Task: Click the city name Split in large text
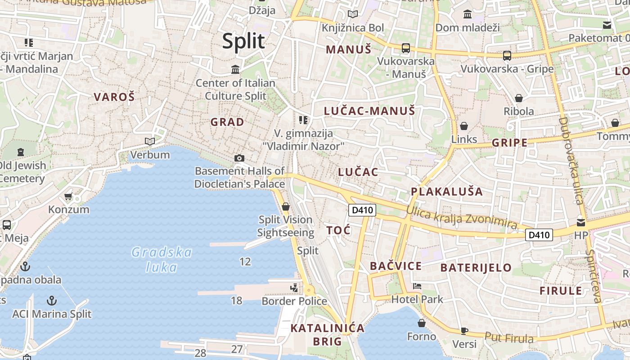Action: [243, 41]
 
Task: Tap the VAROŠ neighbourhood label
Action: [114, 97]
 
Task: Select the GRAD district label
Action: [227, 122]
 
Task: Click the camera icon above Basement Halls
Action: [239, 158]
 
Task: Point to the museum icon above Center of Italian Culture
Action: [235, 70]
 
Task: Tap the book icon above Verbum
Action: [150, 142]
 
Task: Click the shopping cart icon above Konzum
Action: [68, 197]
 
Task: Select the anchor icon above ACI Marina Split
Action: [52, 300]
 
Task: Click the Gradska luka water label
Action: [162, 260]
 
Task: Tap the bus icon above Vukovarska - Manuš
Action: [406, 48]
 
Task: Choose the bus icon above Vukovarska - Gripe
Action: [507, 56]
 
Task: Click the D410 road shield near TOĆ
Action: [363, 210]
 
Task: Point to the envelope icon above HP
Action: [581, 222]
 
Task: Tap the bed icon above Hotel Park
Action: [417, 286]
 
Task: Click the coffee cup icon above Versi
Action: [464, 331]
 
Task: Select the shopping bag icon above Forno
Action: [422, 323]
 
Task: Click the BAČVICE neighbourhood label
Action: [396, 266]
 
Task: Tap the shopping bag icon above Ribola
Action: [519, 98]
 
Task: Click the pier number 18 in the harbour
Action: [237, 301]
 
